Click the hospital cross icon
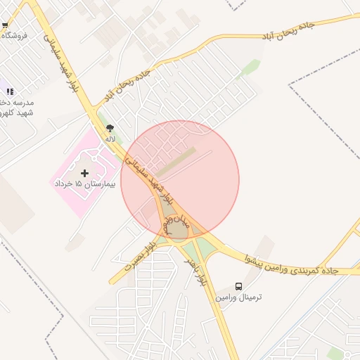(x=86, y=172)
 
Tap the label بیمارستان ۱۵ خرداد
(x=83, y=184)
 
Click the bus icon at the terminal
(x=239, y=287)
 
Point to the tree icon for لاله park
(x=109, y=128)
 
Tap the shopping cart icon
(x=5, y=25)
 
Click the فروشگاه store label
(x=13, y=35)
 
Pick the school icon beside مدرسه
(x=9, y=91)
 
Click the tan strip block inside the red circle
(x=176, y=162)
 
